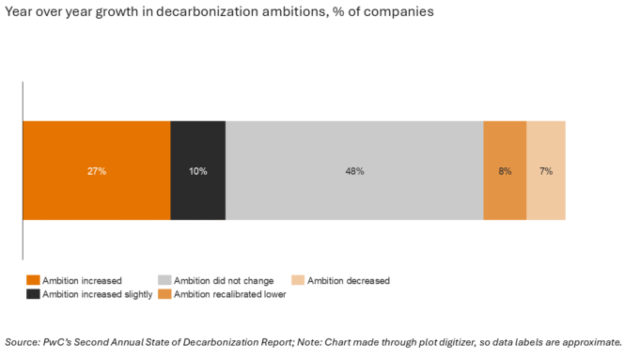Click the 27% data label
pyautogui.click(x=96, y=171)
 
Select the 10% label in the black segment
pyautogui.click(x=197, y=171)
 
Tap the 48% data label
pyautogui.click(x=354, y=171)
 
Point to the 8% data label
pyautogui.click(x=505, y=171)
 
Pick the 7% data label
pyautogui.click(x=545, y=171)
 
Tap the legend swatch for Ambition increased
pyautogui.click(x=33, y=280)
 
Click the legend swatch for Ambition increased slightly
pyautogui.click(x=33, y=294)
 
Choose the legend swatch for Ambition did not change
pyautogui.click(x=164, y=280)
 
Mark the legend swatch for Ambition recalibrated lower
pyautogui.click(x=164, y=294)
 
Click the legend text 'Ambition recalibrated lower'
pyautogui.click(x=229, y=294)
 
